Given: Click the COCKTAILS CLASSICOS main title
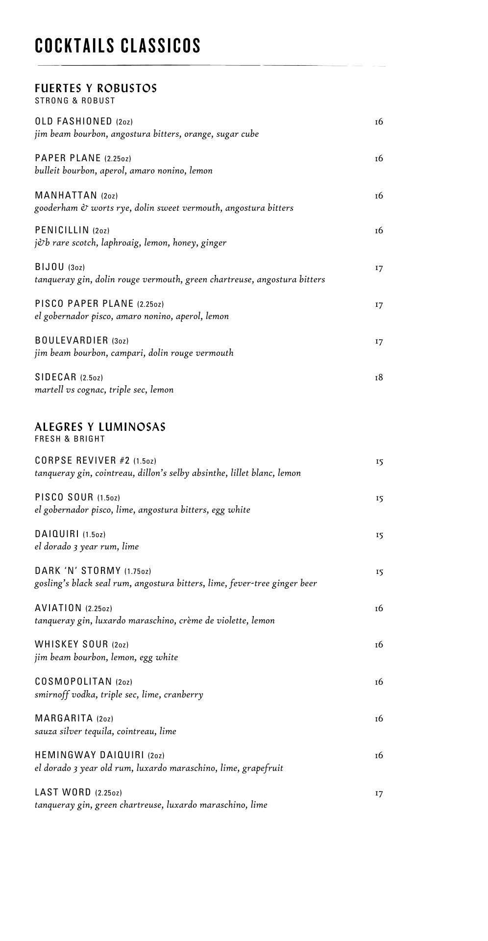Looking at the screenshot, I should click(x=118, y=46).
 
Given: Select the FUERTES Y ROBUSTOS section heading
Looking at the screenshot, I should click(x=96, y=88).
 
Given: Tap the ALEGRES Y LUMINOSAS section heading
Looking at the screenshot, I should click(x=100, y=427).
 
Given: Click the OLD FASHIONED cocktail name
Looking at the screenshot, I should click(x=73, y=121).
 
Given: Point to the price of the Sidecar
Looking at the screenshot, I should click(x=379, y=377).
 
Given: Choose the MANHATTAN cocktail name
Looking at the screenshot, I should click(x=66, y=196).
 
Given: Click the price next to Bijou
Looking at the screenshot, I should click(x=379, y=268).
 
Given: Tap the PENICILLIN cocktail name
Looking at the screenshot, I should click(x=62, y=230).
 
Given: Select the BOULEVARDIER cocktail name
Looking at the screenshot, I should click(x=72, y=341).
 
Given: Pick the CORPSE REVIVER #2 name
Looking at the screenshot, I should click(x=82, y=461).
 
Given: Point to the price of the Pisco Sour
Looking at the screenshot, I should click(x=379, y=498).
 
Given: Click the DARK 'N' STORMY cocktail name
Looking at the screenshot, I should click(x=78, y=571).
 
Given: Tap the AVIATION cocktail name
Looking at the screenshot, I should click(x=58, y=608).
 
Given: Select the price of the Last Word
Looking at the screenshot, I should click(x=379, y=793).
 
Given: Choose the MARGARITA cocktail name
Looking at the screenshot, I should click(x=64, y=718).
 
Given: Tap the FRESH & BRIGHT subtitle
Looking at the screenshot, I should click(x=70, y=439).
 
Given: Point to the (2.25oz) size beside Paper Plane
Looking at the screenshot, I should click(x=118, y=158).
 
